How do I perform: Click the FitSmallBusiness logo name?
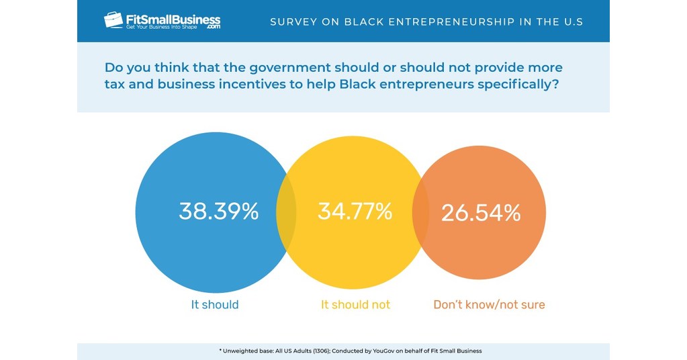coord(173,18)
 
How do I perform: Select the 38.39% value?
coord(218,212)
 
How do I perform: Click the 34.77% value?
coord(355,212)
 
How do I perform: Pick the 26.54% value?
coord(480,213)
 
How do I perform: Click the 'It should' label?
coord(215,305)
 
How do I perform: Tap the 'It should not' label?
coord(355,305)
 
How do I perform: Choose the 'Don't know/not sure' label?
coord(489,305)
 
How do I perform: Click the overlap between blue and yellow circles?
coord(286,212)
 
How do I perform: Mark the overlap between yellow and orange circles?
coord(420,212)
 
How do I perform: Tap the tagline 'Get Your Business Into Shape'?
coord(165,27)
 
